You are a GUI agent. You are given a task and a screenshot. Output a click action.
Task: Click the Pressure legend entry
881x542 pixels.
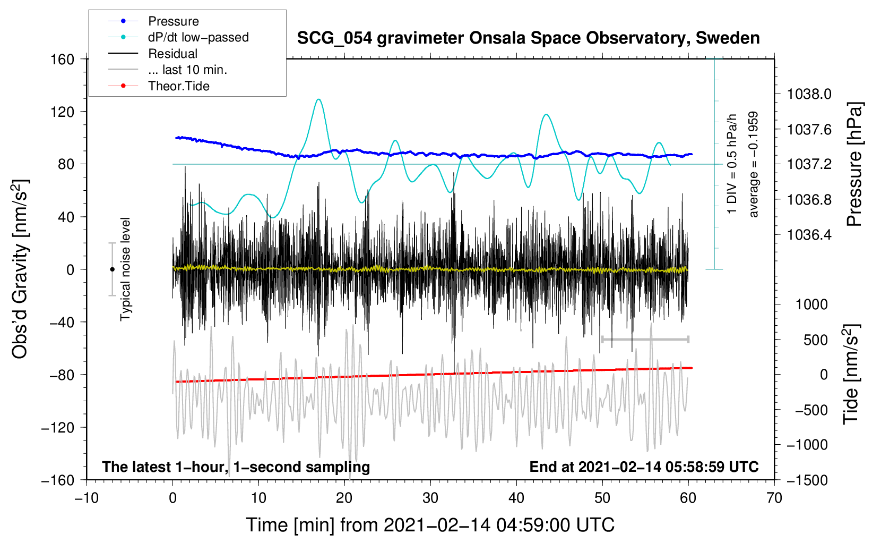click(153, 21)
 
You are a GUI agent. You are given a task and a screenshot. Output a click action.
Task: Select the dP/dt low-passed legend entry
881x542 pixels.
click(178, 37)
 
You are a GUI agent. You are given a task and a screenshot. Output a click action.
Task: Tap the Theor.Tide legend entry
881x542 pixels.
click(159, 86)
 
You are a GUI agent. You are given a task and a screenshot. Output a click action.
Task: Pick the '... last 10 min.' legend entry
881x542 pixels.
click(168, 70)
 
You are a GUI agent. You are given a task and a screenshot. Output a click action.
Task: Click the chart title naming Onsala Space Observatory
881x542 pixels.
click(528, 38)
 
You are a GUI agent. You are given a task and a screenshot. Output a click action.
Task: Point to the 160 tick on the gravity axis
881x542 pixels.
click(63, 60)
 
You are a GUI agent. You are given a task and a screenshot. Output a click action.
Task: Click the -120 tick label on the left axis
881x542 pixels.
click(58, 427)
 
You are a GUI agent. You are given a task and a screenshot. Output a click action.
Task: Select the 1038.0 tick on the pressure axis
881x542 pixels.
click(809, 94)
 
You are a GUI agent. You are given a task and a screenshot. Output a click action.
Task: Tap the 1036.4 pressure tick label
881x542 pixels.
click(809, 235)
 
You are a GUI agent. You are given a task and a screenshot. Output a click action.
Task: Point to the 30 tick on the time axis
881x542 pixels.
click(430, 498)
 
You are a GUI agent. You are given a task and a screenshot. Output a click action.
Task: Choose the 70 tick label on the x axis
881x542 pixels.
click(774, 498)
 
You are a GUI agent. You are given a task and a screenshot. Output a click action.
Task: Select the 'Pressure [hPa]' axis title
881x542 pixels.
click(854, 164)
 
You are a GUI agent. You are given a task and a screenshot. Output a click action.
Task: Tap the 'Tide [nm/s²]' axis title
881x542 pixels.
click(851, 374)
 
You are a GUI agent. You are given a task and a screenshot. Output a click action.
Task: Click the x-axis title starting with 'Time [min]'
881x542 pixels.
click(430, 525)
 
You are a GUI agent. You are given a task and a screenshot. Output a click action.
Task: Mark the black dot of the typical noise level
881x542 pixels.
click(112, 269)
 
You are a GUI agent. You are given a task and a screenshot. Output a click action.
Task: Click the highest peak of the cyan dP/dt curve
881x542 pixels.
click(318, 99)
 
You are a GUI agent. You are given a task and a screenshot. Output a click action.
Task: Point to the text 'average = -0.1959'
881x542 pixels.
click(753, 164)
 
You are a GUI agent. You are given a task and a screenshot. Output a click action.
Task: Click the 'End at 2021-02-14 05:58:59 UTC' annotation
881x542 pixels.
click(644, 467)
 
